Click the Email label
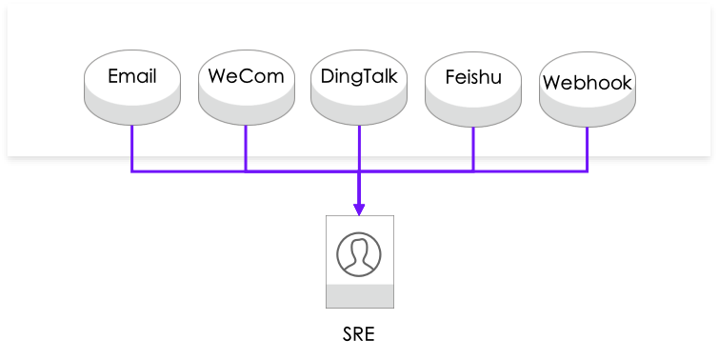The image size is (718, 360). click(x=131, y=77)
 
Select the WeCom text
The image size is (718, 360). click(x=246, y=77)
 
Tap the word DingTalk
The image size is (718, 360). click(x=359, y=77)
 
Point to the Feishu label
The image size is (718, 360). click(x=473, y=77)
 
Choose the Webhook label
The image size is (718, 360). click(x=587, y=83)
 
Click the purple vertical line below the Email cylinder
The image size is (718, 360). click(x=132, y=148)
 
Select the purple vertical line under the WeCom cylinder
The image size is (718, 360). click(x=246, y=148)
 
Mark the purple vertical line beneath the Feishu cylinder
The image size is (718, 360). click(x=473, y=148)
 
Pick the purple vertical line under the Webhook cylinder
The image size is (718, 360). click(x=588, y=148)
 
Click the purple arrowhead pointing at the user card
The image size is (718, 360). click(x=359, y=210)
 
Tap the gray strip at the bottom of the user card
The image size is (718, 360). click(x=359, y=296)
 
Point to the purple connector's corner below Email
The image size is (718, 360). click(x=132, y=171)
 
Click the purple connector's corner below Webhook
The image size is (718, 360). click(x=588, y=171)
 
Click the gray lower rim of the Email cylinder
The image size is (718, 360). click(x=131, y=113)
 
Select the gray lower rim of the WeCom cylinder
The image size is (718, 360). click(x=246, y=113)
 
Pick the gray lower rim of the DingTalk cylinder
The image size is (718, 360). click(x=359, y=113)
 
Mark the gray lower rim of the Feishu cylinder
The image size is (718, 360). click(x=473, y=113)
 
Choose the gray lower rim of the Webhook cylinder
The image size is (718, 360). click(x=587, y=113)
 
